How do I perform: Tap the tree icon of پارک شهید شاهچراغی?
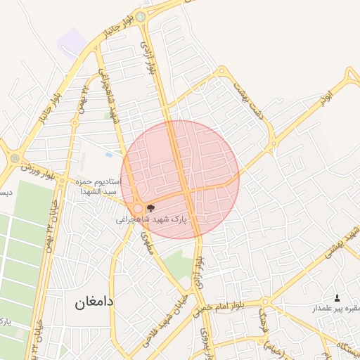coord(150,207)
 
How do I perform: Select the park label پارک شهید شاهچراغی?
coord(153,219)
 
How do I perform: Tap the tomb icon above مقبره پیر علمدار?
coord(336,298)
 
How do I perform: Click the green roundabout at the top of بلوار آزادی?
coord(141,16)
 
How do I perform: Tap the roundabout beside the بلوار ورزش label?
coord(15,158)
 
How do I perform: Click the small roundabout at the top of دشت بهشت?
coord(222,70)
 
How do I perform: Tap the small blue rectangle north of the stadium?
coord(108,155)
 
